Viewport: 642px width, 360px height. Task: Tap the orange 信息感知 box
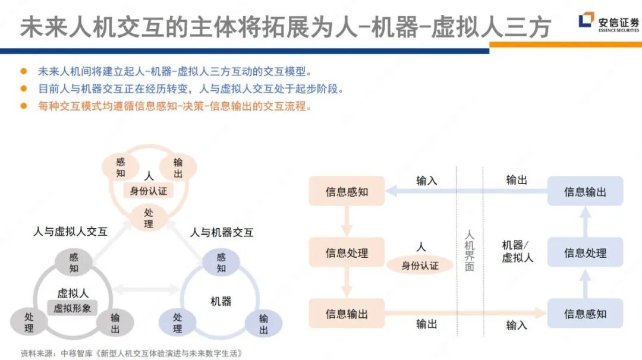(x=347, y=191)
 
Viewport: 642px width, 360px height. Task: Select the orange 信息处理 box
(x=347, y=252)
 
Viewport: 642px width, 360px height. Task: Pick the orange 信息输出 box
(x=347, y=313)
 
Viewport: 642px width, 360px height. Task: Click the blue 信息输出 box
(x=585, y=191)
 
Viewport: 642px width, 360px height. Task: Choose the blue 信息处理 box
(x=585, y=252)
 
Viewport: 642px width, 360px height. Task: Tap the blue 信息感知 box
(x=585, y=313)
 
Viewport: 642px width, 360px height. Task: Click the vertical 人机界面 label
(x=469, y=250)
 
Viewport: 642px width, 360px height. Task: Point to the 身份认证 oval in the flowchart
(x=420, y=265)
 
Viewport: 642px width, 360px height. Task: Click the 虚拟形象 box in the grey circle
(x=73, y=308)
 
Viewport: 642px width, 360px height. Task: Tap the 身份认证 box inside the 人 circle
(x=149, y=191)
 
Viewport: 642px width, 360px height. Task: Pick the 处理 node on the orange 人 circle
(x=149, y=218)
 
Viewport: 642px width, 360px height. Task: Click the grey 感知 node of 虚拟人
(x=74, y=263)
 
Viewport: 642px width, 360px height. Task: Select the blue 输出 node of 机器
(x=263, y=324)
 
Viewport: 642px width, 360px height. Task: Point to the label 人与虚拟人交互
(x=70, y=232)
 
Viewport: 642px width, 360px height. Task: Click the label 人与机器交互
(x=222, y=232)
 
